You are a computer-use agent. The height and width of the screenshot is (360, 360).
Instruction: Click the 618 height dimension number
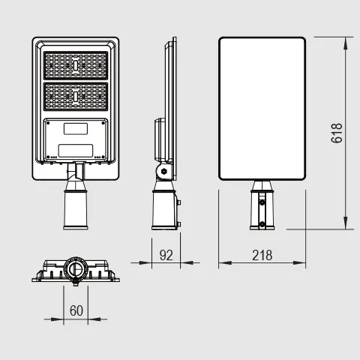coord(337,133)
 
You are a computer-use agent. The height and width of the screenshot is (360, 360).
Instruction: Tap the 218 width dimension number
coord(262,255)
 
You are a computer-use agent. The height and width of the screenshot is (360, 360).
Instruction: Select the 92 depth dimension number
coord(166,255)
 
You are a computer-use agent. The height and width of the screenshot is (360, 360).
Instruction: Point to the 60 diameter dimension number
coord(76,310)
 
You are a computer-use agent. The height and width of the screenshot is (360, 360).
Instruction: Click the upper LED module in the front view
coord(76,65)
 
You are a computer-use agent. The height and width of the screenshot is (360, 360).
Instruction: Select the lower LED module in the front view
coord(76,97)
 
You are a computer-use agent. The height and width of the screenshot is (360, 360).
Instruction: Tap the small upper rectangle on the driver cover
coord(76,129)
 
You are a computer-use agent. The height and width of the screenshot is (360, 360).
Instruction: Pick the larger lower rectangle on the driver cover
coord(76,151)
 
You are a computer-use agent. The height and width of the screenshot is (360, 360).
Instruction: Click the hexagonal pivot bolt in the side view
coord(164,171)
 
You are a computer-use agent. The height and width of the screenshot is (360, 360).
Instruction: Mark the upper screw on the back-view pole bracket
coord(262,202)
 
